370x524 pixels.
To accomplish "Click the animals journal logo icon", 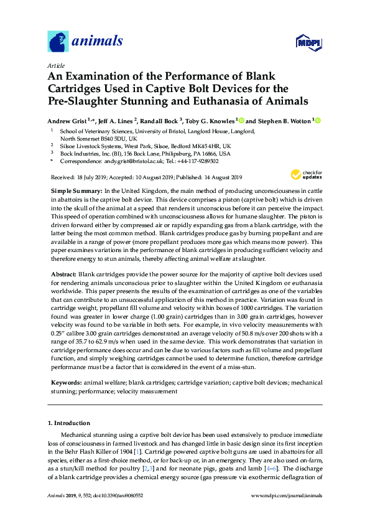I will click(58, 42).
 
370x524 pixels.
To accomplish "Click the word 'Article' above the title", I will click(56, 65).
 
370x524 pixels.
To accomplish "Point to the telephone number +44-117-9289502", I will click(197, 161).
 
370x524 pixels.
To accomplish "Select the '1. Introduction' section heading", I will click(70, 423).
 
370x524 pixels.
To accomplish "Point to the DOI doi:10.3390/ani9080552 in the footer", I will click(118, 495).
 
